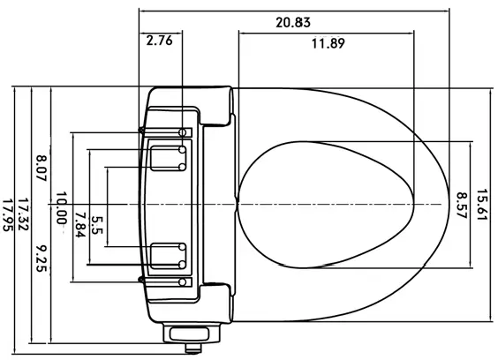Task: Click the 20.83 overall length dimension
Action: click(x=292, y=21)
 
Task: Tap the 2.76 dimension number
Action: click(x=159, y=41)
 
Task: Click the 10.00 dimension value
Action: click(x=61, y=208)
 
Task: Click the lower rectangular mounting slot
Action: click(x=163, y=254)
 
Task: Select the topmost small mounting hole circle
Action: click(x=183, y=131)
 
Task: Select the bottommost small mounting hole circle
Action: click(x=183, y=281)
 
